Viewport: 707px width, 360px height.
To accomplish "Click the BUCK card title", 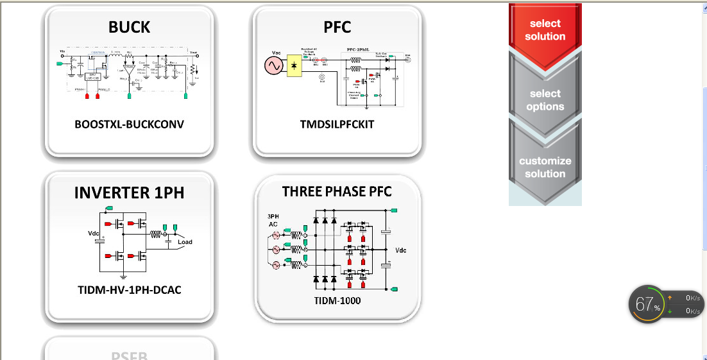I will point(129,27).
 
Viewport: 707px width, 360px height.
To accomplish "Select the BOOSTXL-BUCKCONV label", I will point(129,124).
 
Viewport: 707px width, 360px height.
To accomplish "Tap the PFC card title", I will point(337,27).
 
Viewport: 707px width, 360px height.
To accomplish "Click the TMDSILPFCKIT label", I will point(337,124).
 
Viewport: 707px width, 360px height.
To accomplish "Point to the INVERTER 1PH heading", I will point(129,193).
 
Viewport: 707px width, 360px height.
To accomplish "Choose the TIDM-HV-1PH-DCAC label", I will point(130,290).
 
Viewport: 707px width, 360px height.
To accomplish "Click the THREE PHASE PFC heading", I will point(337,191).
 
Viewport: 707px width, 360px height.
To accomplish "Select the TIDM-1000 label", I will point(337,300).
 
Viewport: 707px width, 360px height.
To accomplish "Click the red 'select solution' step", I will point(545,30).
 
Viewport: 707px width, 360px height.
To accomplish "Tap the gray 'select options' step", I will point(545,100).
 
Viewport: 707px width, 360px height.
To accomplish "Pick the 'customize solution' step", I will point(545,167).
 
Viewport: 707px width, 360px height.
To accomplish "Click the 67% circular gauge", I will point(647,304).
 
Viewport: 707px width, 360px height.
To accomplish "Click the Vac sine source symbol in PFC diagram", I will point(274,65).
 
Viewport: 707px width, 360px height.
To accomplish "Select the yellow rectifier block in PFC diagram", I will point(294,65).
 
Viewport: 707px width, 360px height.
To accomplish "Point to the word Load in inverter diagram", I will point(185,242).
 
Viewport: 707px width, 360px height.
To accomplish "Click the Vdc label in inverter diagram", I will point(94,233).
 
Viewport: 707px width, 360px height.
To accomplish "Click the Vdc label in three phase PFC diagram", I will point(401,250).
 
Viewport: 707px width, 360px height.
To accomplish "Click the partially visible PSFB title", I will point(129,355).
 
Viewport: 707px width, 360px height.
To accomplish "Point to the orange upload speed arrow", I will point(670,298).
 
